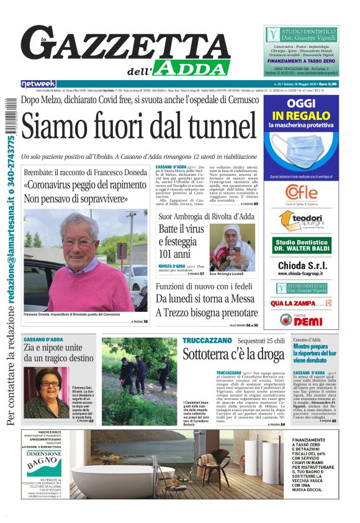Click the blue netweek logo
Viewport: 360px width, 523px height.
pos(38,84)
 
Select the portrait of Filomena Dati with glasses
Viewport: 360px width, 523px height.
pos(46,385)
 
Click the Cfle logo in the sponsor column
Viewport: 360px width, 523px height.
pos(301,191)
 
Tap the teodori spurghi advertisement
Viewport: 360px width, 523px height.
pos(301,220)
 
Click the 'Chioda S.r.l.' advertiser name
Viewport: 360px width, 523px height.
pos(301,265)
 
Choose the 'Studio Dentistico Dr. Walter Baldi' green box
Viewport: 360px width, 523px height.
pos(301,244)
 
